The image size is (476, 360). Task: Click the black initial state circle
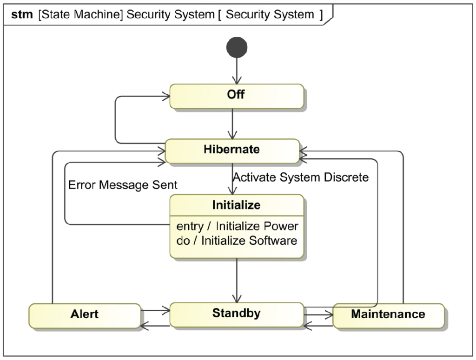(x=237, y=47)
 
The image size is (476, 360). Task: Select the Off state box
(x=237, y=96)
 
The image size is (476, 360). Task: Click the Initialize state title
(x=236, y=205)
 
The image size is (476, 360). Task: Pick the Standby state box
(x=236, y=314)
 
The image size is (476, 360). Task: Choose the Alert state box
(x=85, y=314)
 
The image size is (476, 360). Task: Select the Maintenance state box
(x=388, y=315)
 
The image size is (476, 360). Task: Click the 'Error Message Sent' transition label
(x=123, y=185)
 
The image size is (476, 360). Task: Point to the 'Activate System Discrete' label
(x=301, y=177)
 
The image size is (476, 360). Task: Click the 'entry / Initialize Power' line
(x=238, y=227)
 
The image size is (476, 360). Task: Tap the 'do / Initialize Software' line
(x=238, y=241)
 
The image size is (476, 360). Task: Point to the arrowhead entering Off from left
(x=165, y=97)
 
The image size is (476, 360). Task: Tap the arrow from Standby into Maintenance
(x=318, y=314)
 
